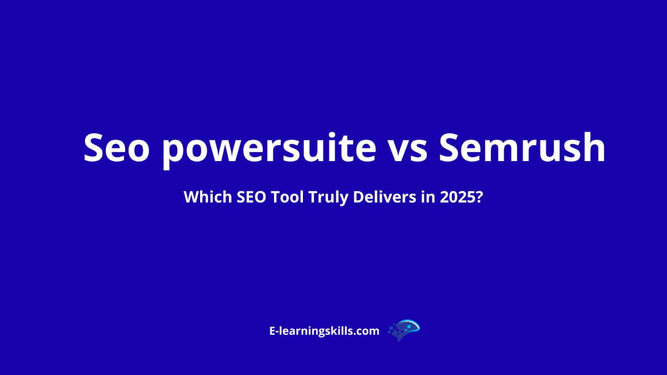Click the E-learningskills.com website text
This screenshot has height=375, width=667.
tap(324, 331)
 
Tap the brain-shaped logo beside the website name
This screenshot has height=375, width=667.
tap(404, 330)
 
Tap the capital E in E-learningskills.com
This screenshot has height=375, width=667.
tap(272, 331)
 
